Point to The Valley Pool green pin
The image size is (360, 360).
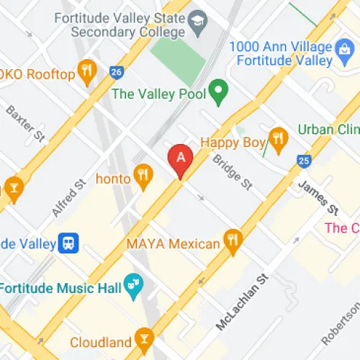[218, 91]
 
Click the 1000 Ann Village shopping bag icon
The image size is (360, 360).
[344, 48]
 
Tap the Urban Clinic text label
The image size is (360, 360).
[328, 130]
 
